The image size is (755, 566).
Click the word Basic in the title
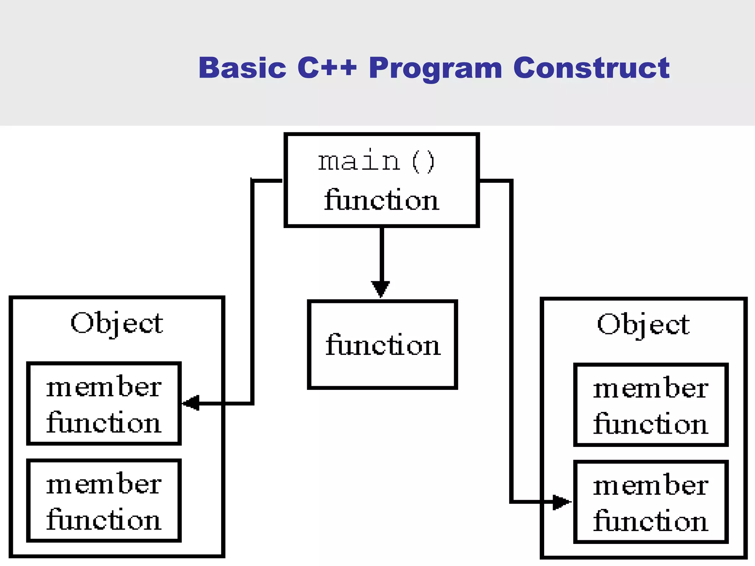pyautogui.click(x=242, y=68)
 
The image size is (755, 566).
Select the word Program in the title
pyautogui.click(x=435, y=69)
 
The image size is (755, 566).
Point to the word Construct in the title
pyautogui.click(x=591, y=68)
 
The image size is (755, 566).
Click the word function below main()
pyautogui.click(x=382, y=200)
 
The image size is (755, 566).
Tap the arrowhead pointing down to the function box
pyautogui.click(x=381, y=289)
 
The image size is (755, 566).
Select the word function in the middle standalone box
pyautogui.click(x=383, y=345)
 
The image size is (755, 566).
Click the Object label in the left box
pyautogui.click(x=116, y=324)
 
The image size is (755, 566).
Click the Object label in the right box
pyautogui.click(x=643, y=325)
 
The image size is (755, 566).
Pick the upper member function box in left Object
pyautogui.click(x=104, y=403)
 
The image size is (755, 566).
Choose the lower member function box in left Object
pyautogui.click(x=104, y=500)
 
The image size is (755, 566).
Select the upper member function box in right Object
pyautogui.click(x=651, y=405)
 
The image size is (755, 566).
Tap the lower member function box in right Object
pyautogui.click(x=651, y=502)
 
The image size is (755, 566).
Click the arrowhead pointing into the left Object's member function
pyautogui.click(x=191, y=403)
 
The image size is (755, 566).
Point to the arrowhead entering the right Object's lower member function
pyautogui.click(x=561, y=502)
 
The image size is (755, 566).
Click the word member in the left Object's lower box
pyautogui.click(x=104, y=484)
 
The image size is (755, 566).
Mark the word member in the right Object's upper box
pyautogui.click(x=651, y=388)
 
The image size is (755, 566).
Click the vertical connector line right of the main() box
pyautogui.click(x=511, y=332)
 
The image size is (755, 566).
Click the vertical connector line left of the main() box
pyautogui.click(x=252, y=295)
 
